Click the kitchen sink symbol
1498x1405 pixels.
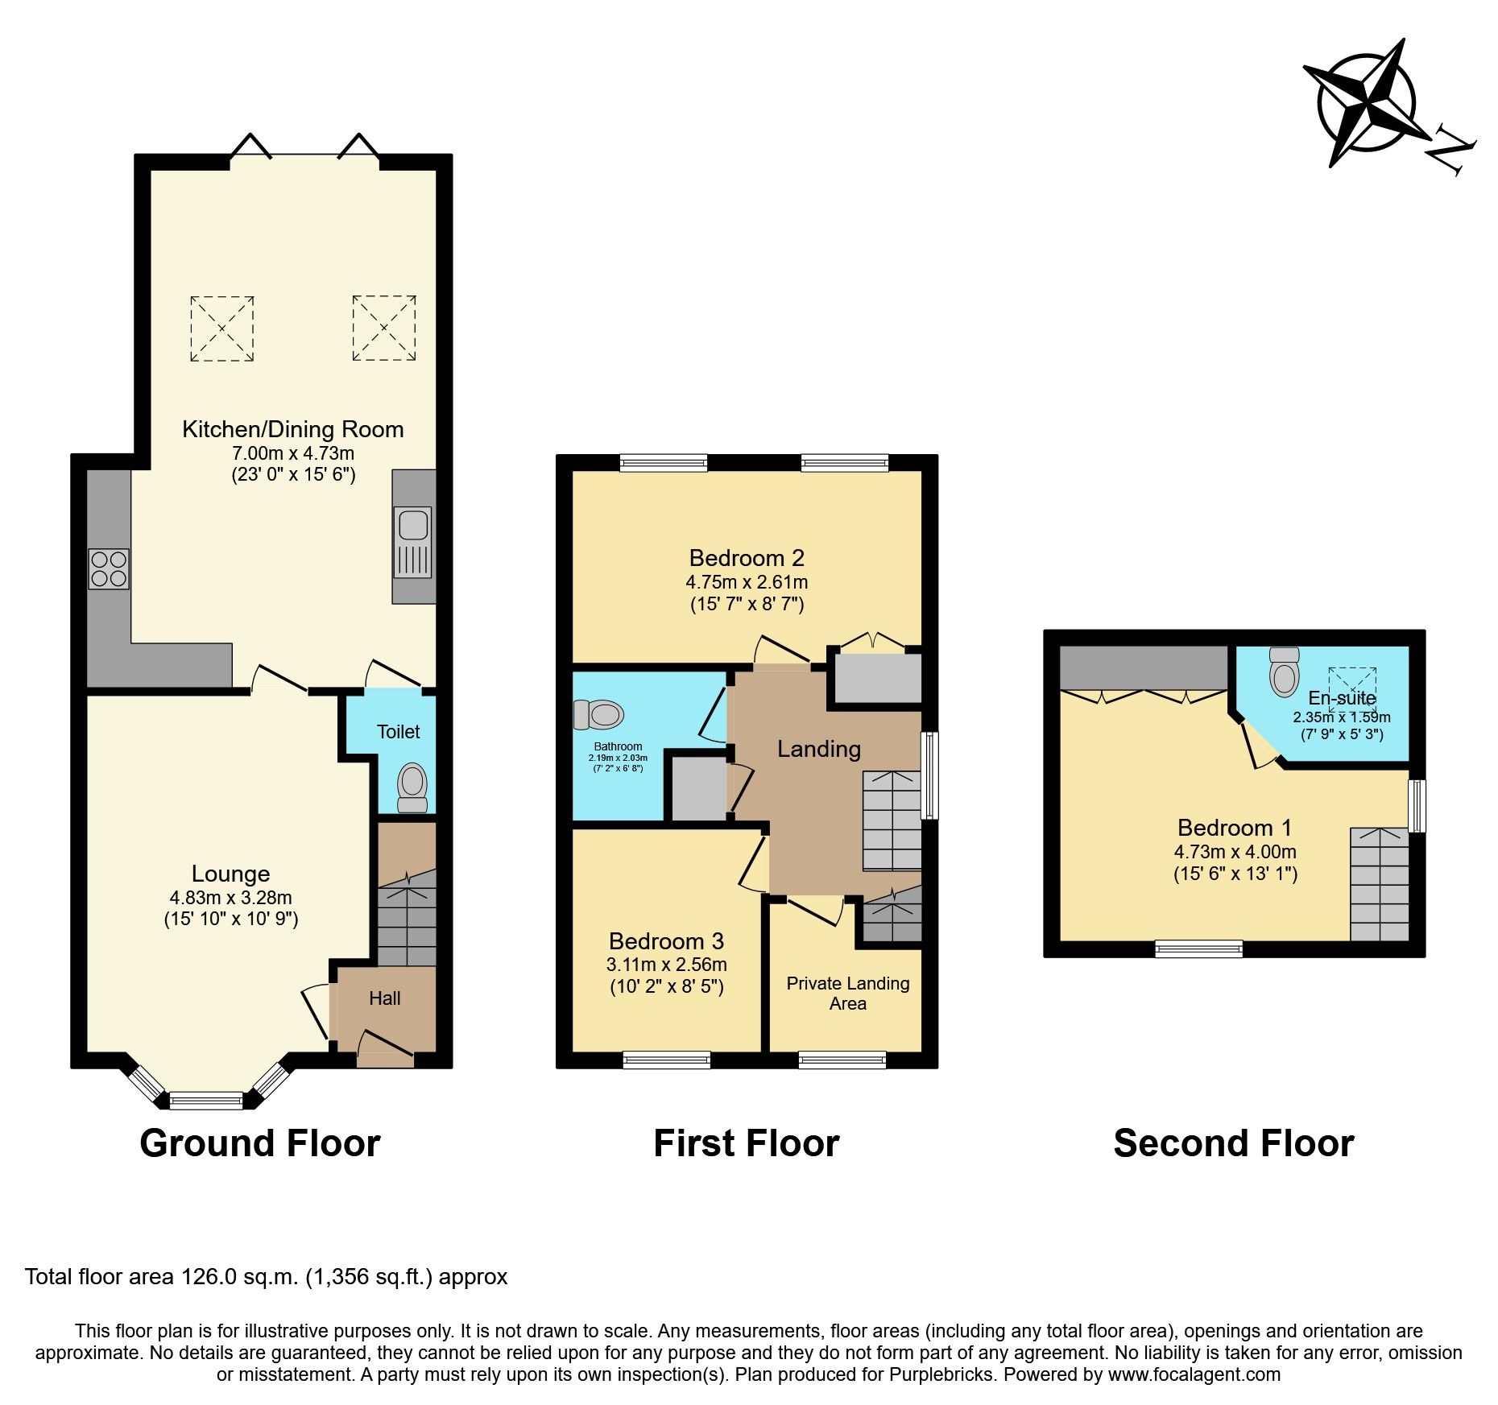(413, 542)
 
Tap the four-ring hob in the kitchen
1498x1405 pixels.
(109, 568)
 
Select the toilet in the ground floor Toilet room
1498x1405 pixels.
(412, 787)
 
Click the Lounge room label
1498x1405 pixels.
(230, 874)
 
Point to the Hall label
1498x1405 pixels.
(384, 998)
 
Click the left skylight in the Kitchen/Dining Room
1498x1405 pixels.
(222, 329)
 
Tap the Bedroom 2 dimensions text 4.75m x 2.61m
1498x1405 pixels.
(747, 582)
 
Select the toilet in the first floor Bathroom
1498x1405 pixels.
(600, 714)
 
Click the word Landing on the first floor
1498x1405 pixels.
(818, 749)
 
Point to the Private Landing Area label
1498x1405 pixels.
(848, 993)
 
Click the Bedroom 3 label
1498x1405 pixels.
(666, 940)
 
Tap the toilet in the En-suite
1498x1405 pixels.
(1284, 672)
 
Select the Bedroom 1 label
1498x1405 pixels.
(1234, 828)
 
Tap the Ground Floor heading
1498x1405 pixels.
(259, 1143)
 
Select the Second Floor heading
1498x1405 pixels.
(1233, 1143)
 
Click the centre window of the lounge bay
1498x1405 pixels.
(206, 1100)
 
